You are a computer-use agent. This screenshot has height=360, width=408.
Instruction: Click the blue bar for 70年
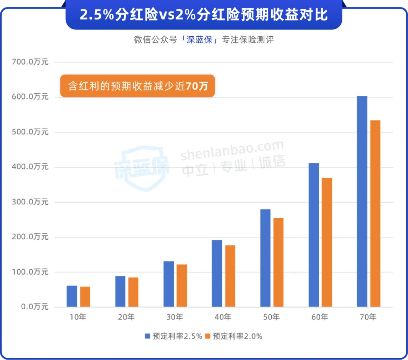(362, 201)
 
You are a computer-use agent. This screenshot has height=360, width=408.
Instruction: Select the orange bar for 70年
(375, 213)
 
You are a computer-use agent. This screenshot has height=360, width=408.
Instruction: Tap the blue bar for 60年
(314, 234)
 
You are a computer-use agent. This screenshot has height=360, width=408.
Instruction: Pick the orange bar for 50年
(278, 262)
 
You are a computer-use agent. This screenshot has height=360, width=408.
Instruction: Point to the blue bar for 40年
(217, 273)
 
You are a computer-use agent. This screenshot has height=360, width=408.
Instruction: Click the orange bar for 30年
(182, 286)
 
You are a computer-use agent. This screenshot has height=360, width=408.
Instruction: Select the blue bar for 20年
(120, 291)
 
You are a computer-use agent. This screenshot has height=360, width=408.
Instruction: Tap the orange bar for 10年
(85, 296)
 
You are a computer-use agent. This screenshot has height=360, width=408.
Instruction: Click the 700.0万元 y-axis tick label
(31, 62)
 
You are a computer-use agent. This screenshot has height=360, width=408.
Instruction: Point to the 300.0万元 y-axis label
(31, 202)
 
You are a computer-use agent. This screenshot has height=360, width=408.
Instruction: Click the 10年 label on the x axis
(79, 317)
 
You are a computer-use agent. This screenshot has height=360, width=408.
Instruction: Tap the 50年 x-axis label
(272, 317)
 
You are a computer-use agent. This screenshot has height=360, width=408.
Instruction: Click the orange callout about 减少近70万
(138, 86)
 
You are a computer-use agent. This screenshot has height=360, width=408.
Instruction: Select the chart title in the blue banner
(204, 15)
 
